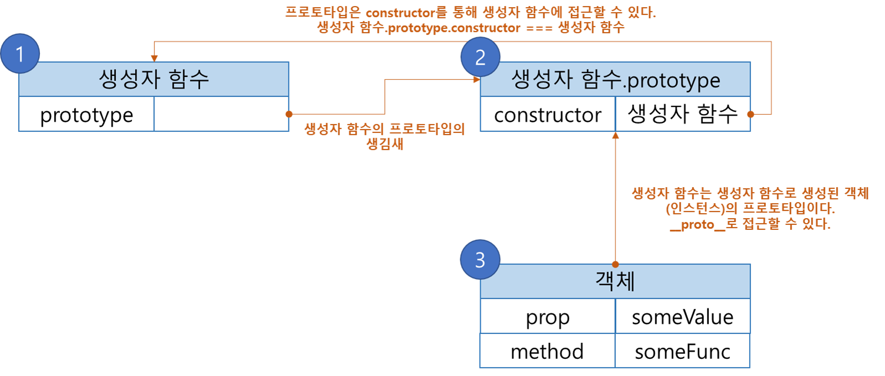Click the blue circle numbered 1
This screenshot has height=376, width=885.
[x=20, y=54]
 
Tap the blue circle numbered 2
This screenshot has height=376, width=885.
[x=480, y=57]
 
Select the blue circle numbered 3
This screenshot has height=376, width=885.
[x=480, y=259]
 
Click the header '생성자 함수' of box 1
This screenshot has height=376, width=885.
[x=154, y=79]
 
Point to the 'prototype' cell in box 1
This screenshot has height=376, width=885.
[x=86, y=115]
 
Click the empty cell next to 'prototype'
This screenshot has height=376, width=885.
[x=221, y=115]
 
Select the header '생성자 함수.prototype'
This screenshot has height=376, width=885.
[x=615, y=80]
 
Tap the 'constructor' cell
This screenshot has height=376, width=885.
[x=548, y=115]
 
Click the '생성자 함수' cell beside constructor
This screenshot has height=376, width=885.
[x=682, y=115]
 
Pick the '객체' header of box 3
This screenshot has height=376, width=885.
[x=615, y=281]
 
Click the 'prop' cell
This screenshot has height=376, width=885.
[x=548, y=317]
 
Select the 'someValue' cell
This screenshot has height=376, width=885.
[x=682, y=317]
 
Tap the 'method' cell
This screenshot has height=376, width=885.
[x=548, y=351]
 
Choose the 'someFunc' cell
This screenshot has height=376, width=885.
[x=682, y=351]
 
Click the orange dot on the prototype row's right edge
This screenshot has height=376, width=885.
[x=289, y=114]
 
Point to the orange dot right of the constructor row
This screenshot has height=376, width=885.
[x=751, y=114]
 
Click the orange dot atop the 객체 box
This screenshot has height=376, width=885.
[x=615, y=264]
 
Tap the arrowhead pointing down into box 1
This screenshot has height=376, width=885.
[x=155, y=58]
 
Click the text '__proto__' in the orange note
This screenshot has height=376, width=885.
[x=697, y=224]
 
